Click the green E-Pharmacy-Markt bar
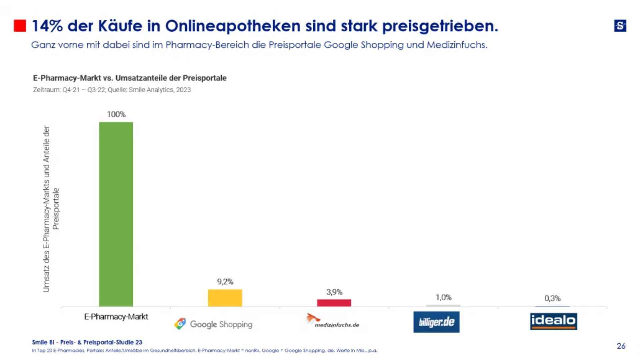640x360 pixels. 116,214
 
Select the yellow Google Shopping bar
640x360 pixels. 225,298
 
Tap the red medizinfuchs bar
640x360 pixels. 334,303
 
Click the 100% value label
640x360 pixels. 116,114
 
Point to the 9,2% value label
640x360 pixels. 225,282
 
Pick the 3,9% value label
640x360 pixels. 334,292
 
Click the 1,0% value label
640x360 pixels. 443,297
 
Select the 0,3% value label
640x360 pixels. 552,298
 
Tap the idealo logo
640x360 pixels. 553,321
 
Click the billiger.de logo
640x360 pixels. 436,322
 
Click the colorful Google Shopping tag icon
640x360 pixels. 180,324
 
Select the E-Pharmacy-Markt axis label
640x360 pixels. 116,317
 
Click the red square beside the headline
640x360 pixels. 20,26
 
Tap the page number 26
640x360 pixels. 621,346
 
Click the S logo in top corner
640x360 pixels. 620,26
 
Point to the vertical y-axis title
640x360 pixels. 51,209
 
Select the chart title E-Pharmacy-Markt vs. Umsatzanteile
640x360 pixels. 130,78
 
